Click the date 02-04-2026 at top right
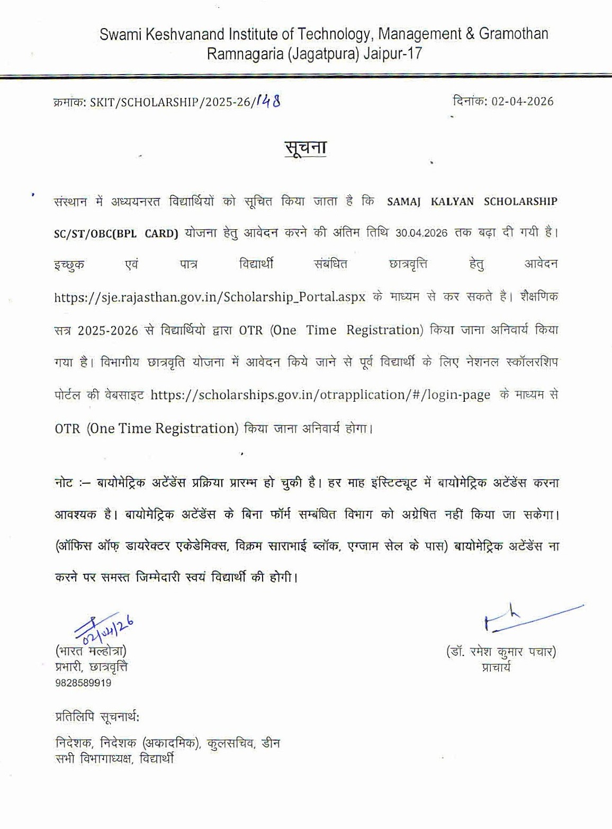coord(522,101)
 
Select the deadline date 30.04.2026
coord(421,232)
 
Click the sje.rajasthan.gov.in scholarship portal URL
coord(210,296)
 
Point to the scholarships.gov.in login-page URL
coord(320,395)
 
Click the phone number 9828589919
coord(83,683)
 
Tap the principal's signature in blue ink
coord(529,617)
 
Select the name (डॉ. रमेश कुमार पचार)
coord(501,652)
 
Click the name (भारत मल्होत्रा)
coord(91,651)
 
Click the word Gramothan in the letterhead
coord(514,34)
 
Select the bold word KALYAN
coord(453,201)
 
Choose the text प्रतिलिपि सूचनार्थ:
coord(97,717)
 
